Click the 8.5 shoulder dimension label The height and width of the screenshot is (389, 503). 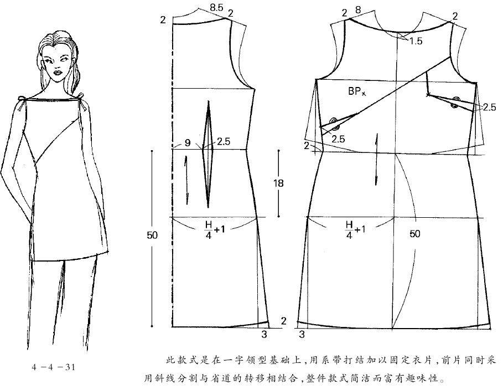tap(216, 7)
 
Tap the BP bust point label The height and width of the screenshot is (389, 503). tap(357, 91)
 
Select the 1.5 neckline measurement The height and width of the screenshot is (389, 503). tap(416, 41)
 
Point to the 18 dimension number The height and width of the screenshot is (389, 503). tap(278, 183)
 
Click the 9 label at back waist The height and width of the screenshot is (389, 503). tap(188, 142)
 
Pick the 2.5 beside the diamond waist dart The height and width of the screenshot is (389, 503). tap(224, 141)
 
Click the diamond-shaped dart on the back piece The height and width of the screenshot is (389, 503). tap(208, 154)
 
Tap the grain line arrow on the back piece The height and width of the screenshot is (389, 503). tap(186, 180)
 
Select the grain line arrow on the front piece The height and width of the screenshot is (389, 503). tap(376, 160)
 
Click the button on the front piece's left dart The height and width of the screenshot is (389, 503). tap(334, 124)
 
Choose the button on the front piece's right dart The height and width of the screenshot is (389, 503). tap(455, 102)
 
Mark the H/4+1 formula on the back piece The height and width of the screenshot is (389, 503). tap(215, 229)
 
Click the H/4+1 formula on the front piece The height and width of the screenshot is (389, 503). tap(355, 229)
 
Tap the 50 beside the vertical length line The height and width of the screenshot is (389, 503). tap(152, 236)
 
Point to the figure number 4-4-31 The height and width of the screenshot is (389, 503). tap(54, 367)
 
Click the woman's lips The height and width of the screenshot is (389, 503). tap(58, 72)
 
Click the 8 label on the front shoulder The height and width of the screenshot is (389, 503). tap(358, 11)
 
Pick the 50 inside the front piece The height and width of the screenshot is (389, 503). tap(414, 233)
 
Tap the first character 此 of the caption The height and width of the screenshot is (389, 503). tap(170, 360)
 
